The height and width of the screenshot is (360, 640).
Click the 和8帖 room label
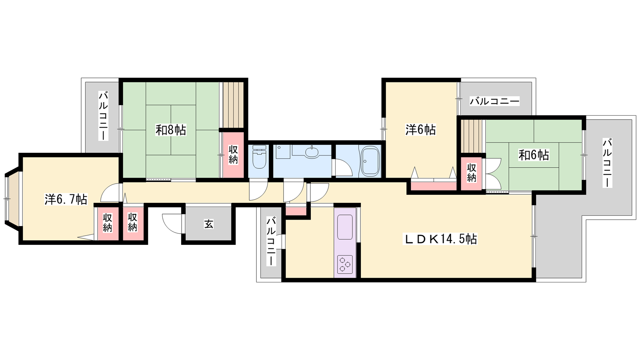coord(170,130)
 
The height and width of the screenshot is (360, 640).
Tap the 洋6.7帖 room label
coord(66,199)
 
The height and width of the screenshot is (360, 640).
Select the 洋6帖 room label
coord(420,130)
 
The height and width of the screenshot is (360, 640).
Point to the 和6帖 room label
coord(534,155)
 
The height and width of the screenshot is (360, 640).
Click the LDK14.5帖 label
coord(440,239)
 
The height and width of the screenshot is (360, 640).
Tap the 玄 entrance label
coord(208,224)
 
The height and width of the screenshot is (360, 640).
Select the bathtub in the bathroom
coord(370,161)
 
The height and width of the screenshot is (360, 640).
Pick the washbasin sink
coord(312,152)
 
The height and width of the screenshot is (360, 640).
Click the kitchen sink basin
coord(345,227)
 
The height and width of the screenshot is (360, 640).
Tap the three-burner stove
coord(345,264)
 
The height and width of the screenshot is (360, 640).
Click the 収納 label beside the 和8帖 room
coord(233,154)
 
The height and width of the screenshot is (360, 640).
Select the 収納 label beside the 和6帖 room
coord(472,173)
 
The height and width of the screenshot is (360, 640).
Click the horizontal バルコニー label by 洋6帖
coord(494,101)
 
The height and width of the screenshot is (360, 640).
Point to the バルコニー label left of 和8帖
coord(103,116)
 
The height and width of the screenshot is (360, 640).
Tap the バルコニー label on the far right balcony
coord(607,163)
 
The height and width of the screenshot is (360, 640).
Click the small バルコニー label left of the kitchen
coord(271,242)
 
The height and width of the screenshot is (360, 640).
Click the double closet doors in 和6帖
coord(494,174)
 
